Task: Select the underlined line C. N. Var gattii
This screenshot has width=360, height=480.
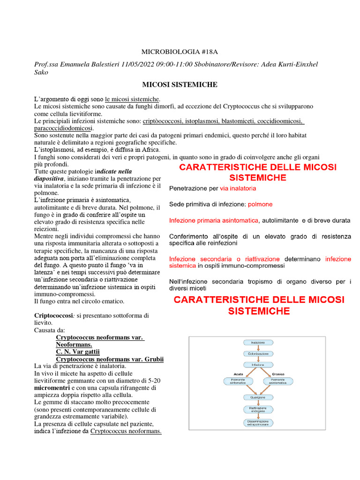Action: coord(78,352)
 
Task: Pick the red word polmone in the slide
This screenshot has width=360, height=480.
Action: coord(260,204)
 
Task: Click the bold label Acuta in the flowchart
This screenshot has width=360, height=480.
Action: coord(238,374)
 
